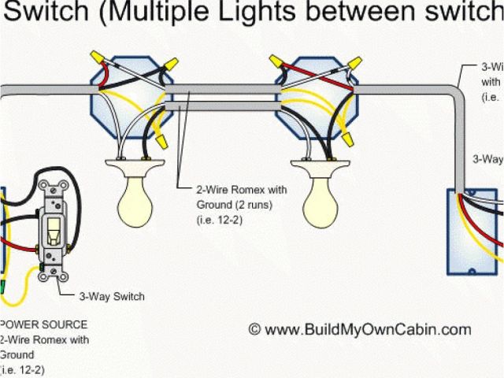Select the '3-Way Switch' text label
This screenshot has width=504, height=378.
tap(111, 297)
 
